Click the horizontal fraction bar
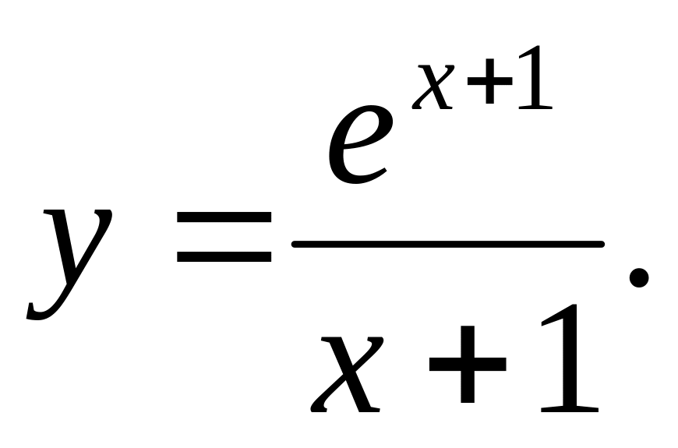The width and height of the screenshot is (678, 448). point(448,244)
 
